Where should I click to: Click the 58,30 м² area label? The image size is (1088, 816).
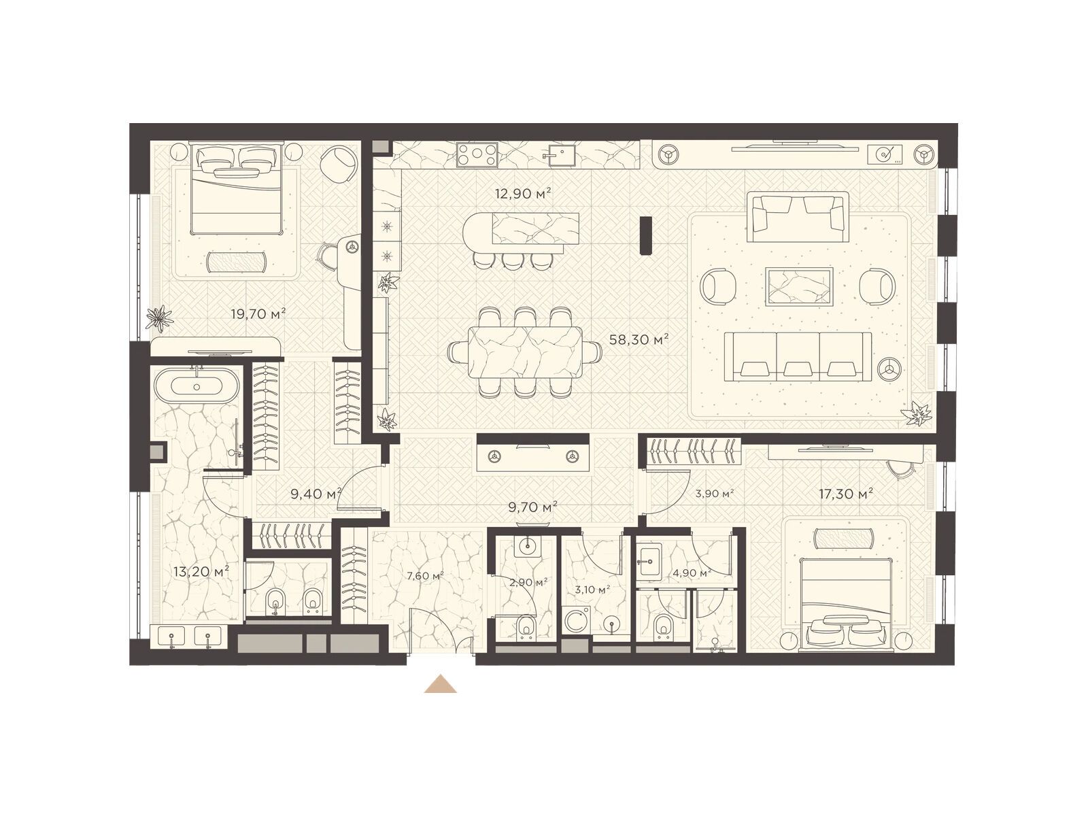click(639, 340)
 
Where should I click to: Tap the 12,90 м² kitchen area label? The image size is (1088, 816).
click(523, 193)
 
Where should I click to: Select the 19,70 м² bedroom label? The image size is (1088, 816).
click(258, 313)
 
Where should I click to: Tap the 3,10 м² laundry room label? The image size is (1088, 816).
click(592, 590)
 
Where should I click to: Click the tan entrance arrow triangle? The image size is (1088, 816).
click(440, 684)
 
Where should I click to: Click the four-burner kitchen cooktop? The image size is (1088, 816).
click(477, 154)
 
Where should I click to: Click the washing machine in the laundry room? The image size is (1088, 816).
click(577, 620)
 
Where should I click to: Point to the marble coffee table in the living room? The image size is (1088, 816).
click(798, 287)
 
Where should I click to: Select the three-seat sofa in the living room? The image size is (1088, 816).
click(798, 357)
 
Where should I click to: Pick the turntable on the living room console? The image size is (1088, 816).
click(885, 155)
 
